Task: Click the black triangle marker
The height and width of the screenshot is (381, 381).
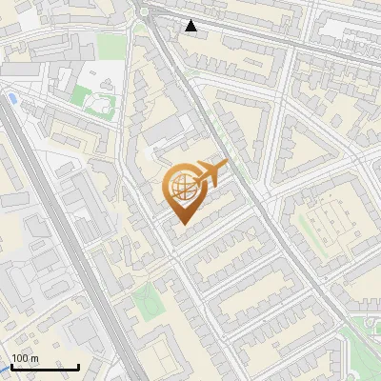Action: [x=191, y=26]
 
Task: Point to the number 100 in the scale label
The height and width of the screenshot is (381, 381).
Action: [x=20, y=358]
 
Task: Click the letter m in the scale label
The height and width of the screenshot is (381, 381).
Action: [x=35, y=358]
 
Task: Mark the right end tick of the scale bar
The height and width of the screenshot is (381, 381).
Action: [x=78, y=367]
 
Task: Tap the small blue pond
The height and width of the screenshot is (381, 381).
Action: [x=11, y=98]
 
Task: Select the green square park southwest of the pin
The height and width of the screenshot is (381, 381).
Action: [x=146, y=302]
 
